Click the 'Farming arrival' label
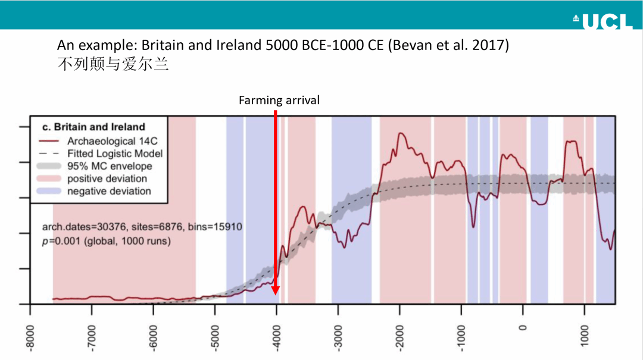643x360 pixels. [279, 101]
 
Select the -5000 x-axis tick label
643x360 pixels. [216, 336]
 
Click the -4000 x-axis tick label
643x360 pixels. [277, 336]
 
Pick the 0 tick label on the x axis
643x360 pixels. [523, 327]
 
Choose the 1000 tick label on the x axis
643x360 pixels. [585, 333]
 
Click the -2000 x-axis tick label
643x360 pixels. [400, 336]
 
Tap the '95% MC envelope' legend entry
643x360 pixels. [110, 166]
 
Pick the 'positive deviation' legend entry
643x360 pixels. [107, 179]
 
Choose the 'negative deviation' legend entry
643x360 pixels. [109, 191]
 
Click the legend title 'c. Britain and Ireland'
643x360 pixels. [93, 127]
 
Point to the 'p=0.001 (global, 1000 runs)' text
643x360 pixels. [107, 242]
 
